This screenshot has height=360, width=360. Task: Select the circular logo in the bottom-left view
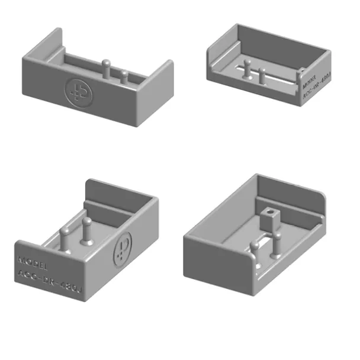[123, 244]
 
